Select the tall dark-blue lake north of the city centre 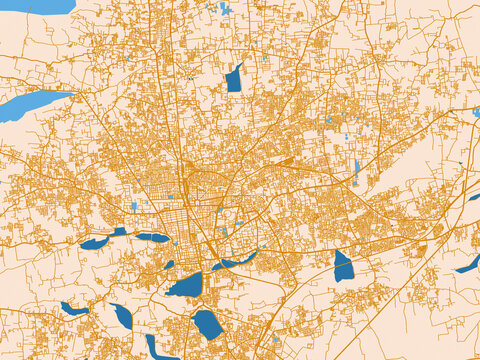234,78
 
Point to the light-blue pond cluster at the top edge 223,10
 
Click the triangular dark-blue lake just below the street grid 186,285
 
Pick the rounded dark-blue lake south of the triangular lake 207,323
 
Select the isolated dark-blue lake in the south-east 343,268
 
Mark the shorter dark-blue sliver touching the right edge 473,197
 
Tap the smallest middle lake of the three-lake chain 119,232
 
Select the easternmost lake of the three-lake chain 153,237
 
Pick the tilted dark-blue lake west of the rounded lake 122,316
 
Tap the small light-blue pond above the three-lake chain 134,207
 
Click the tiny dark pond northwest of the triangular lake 169,265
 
